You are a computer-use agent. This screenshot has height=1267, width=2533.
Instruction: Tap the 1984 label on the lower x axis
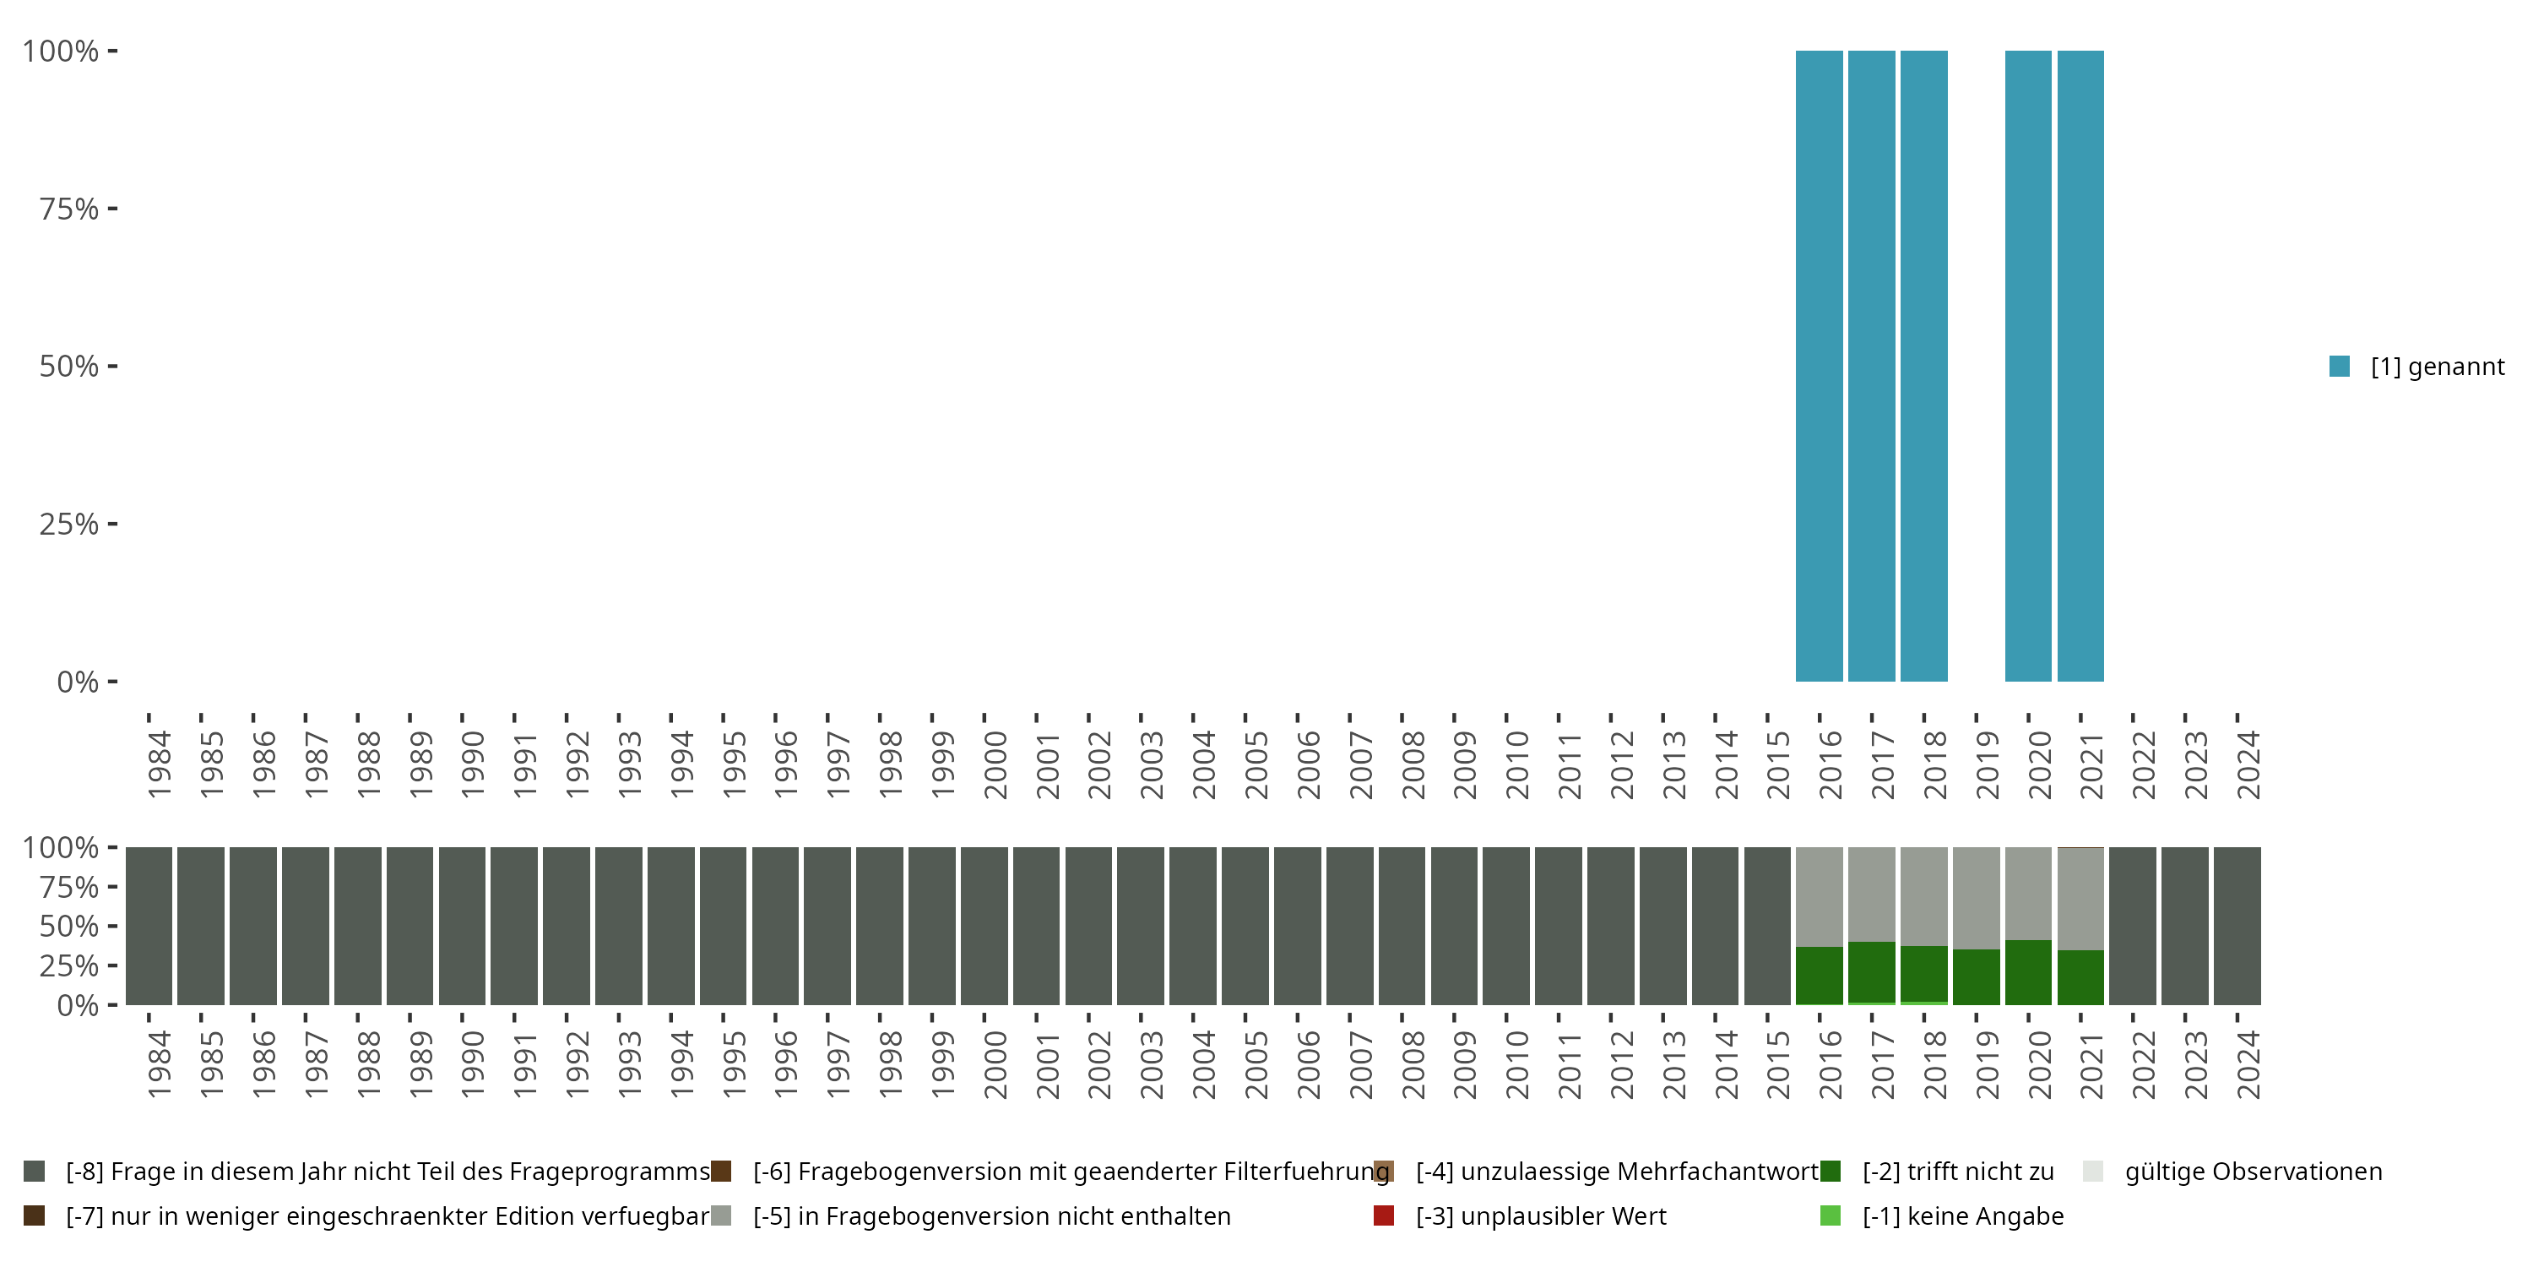(x=160, y=1064)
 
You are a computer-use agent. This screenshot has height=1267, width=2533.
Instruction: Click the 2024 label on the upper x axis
(x=2248, y=764)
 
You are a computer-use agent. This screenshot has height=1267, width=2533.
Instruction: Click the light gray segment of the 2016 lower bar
(x=1820, y=895)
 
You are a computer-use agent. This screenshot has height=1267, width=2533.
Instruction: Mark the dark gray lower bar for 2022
(x=2133, y=926)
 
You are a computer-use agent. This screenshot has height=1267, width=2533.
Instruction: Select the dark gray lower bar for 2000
(x=984, y=926)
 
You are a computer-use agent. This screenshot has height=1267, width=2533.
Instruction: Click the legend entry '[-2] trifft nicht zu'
(x=1958, y=1172)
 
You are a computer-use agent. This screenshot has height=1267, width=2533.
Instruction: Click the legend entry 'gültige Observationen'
(x=2253, y=1172)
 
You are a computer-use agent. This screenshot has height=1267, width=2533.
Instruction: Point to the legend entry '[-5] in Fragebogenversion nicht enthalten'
(x=991, y=1215)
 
